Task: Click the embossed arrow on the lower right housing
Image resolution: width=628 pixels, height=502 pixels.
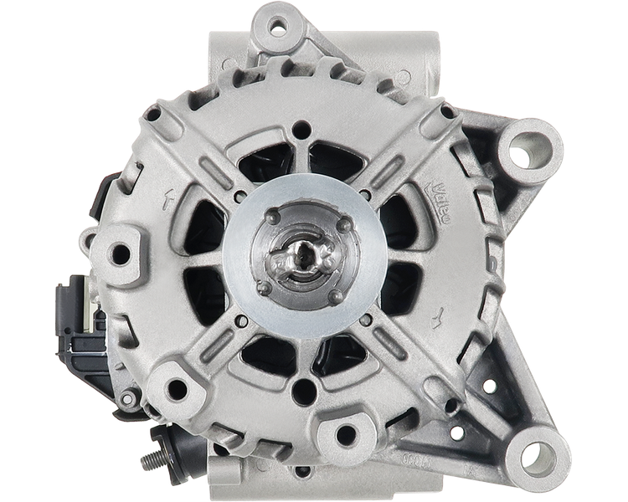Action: (435, 317)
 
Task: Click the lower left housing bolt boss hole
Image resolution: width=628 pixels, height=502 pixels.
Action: (175, 387)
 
